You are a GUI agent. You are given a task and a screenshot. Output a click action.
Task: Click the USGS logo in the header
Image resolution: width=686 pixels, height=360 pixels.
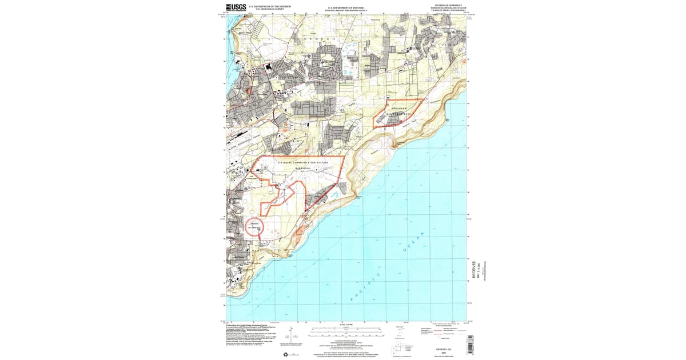(x=236, y=7)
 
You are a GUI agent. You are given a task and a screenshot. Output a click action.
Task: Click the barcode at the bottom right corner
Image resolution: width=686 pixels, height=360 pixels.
(x=470, y=343)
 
